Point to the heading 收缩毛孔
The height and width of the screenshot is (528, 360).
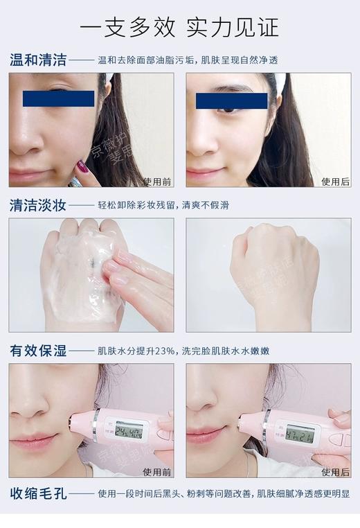(x=38, y=494)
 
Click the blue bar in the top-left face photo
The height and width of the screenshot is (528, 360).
(x=58, y=98)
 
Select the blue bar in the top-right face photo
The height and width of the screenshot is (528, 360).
(x=231, y=101)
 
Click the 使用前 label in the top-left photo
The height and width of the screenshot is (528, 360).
(x=157, y=182)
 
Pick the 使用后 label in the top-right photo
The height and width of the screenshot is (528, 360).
(x=335, y=182)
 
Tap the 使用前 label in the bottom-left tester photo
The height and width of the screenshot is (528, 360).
(x=157, y=471)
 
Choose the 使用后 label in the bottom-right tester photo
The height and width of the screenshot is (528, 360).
(x=335, y=471)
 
